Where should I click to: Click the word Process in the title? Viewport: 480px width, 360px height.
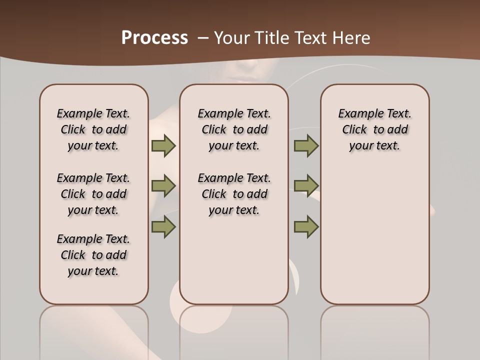pyautogui.click(x=154, y=37)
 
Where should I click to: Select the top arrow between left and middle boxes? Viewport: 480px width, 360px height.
pyautogui.click(x=163, y=145)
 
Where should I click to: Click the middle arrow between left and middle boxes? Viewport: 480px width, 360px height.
pyautogui.click(x=163, y=186)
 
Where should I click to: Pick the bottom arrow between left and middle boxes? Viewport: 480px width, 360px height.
pyautogui.click(x=163, y=226)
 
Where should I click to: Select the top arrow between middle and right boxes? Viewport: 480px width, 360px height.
pyautogui.click(x=306, y=145)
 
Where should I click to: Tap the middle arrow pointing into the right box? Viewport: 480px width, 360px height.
pyautogui.click(x=306, y=186)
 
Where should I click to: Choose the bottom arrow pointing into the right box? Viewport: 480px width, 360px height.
pyautogui.click(x=306, y=226)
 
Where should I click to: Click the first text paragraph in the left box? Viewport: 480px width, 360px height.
pyautogui.click(x=93, y=129)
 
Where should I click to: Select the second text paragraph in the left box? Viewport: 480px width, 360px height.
pyautogui.click(x=93, y=194)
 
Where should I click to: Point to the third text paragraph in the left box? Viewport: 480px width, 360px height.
pyautogui.click(x=93, y=255)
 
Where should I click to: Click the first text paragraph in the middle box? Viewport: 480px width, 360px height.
pyautogui.click(x=234, y=129)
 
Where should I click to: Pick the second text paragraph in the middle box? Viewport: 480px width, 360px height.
pyautogui.click(x=234, y=194)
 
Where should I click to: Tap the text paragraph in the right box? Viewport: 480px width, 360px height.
pyautogui.click(x=374, y=129)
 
